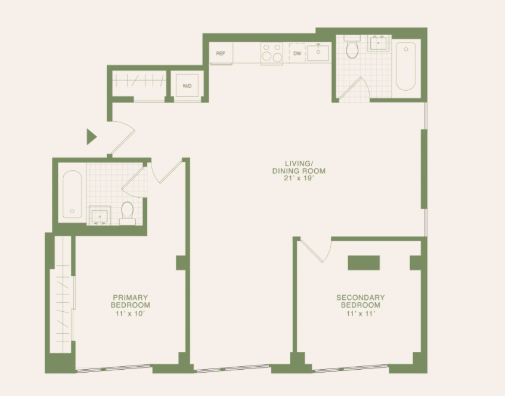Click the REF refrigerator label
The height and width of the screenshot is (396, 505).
click(x=221, y=53)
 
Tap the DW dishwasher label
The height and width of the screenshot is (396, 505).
click(x=298, y=53)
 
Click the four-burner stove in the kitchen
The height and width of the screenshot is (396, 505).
click(x=272, y=53)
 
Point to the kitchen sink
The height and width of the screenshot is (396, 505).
click(x=318, y=53)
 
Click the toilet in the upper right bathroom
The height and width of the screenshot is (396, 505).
click(x=352, y=47)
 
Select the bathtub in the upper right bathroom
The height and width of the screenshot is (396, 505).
click(x=405, y=66)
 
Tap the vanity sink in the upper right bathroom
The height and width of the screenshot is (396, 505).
click(x=379, y=42)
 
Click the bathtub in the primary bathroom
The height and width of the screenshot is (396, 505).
click(x=72, y=194)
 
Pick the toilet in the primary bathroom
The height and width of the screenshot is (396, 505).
click(x=128, y=213)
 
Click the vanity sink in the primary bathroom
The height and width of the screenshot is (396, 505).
click(x=100, y=215)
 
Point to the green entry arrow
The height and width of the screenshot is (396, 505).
click(x=91, y=137)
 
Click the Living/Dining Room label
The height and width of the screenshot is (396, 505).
click(x=299, y=167)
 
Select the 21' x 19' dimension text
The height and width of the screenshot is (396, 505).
click(x=299, y=178)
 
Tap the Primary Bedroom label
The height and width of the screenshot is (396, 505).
click(x=131, y=301)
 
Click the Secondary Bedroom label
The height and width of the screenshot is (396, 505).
click(x=360, y=301)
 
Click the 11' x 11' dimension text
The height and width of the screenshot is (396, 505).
click(x=361, y=314)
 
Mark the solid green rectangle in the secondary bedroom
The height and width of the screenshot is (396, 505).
click(x=364, y=263)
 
